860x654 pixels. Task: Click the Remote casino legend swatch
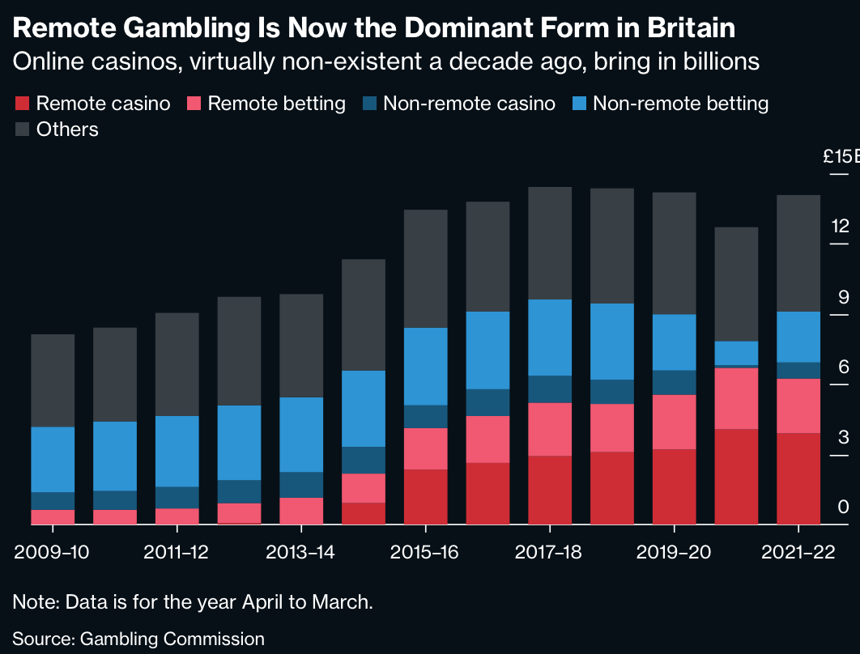(x=23, y=104)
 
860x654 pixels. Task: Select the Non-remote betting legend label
(x=680, y=104)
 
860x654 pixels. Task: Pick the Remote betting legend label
(x=276, y=104)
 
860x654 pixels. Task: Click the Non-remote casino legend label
(x=469, y=104)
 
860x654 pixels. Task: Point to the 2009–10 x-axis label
(x=52, y=552)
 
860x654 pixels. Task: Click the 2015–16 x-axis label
(x=425, y=552)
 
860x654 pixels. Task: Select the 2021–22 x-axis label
(x=798, y=552)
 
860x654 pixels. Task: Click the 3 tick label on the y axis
(x=843, y=437)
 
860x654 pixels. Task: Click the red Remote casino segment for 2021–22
(x=798, y=478)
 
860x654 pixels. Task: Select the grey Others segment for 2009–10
(x=52, y=380)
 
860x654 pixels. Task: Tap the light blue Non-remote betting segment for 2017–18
(x=550, y=337)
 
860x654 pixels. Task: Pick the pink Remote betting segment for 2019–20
(x=674, y=422)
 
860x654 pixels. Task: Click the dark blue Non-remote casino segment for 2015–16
(x=425, y=416)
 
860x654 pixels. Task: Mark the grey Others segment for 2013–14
(x=300, y=346)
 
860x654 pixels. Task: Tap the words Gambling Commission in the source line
(x=172, y=639)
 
